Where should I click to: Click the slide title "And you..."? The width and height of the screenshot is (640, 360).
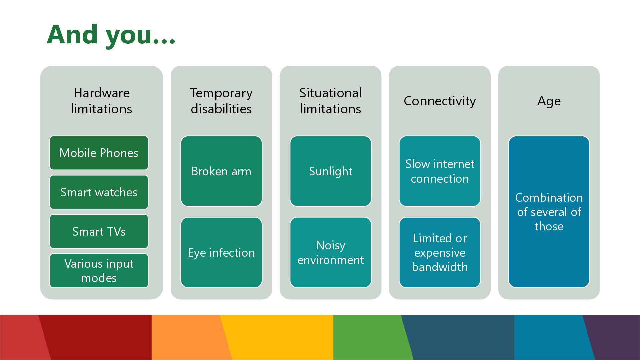click(x=111, y=35)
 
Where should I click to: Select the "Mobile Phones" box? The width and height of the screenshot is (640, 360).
click(x=99, y=153)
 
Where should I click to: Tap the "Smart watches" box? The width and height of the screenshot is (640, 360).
click(x=99, y=192)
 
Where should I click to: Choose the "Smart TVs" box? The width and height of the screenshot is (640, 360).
click(x=99, y=232)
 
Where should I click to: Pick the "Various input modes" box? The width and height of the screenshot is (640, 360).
click(x=99, y=271)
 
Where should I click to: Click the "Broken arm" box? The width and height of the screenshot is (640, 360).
click(x=221, y=171)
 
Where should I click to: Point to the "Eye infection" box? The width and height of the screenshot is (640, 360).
click(x=221, y=253)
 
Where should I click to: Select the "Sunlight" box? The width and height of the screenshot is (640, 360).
click(x=330, y=171)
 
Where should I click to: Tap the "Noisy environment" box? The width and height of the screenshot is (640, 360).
click(x=330, y=253)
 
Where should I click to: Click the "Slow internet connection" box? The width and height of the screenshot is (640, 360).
click(x=440, y=171)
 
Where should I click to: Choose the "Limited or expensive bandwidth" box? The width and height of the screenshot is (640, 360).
click(x=440, y=253)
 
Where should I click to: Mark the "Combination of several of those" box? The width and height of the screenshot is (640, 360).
click(x=549, y=212)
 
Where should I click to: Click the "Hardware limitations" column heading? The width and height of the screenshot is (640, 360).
click(x=101, y=101)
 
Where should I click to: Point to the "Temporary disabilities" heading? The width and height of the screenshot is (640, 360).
click(x=221, y=101)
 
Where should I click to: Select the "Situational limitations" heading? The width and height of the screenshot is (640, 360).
click(x=330, y=101)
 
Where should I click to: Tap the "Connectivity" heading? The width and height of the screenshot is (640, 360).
click(x=440, y=101)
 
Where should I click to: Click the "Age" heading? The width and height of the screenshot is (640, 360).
click(x=549, y=101)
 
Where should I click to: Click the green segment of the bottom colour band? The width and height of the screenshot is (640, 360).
click(x=370, y=337)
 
